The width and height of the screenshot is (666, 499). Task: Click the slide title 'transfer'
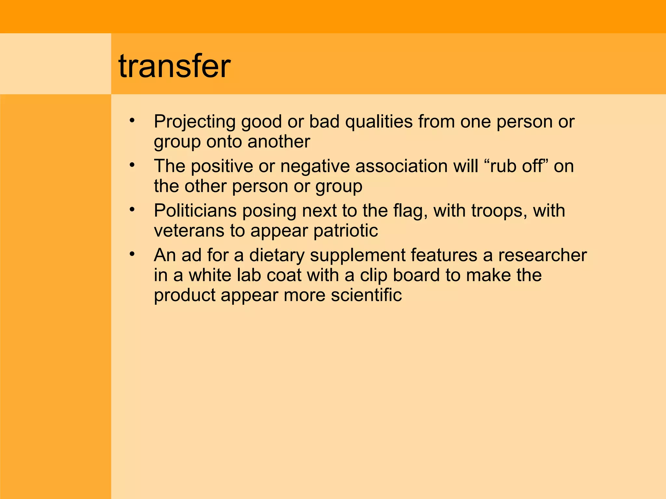[175, 67]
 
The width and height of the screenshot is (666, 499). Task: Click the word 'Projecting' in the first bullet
[194, 122]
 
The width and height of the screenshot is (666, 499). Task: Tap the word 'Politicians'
[195, 211]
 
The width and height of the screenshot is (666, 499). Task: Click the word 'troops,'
[499, 211]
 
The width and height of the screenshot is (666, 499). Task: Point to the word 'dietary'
[277, 255]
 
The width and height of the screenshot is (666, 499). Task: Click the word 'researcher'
[542, 255]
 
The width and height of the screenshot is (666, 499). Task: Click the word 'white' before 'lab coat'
[210, 275]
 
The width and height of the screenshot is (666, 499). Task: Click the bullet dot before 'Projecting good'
[132, 121]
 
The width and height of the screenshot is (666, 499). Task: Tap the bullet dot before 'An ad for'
[132, 254]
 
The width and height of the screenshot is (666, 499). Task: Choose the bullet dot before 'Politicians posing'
[132, 210]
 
